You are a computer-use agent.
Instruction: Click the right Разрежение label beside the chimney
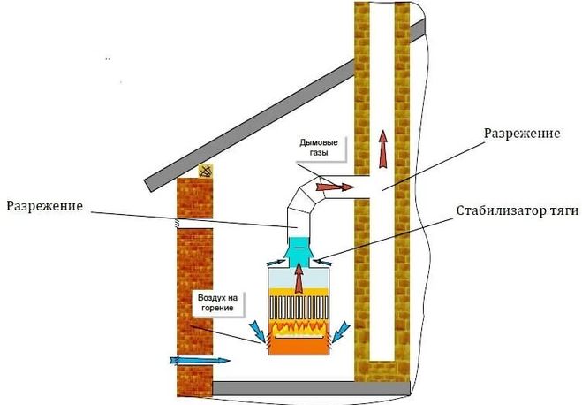(x=521, y=133)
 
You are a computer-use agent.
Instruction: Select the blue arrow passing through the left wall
(x=199, y=360)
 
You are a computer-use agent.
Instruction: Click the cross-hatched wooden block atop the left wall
(x=206, y=169)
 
